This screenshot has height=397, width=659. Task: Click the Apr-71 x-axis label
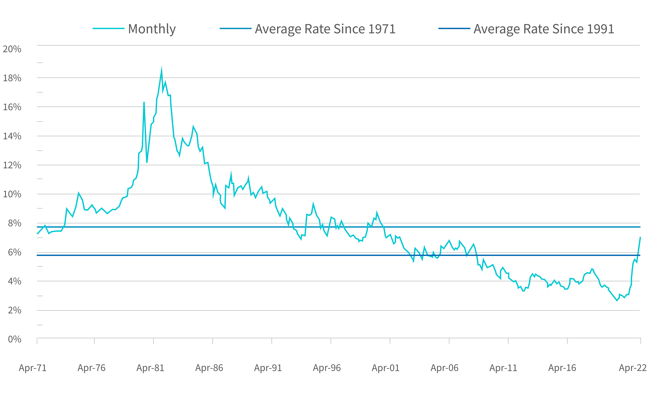pyautogui.click(x=33, y=368)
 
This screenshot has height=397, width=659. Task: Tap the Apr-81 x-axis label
pyautogui.click(x=150, y=368)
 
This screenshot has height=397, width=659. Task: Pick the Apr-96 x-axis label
pyautogui.click(x=327, y=368)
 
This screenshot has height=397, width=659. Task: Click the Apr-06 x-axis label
pyautogui.click(x=445, y=368)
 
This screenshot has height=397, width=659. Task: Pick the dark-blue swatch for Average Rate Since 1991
pyautogui.click(x=454, y=28)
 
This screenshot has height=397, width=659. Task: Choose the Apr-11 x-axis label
pyautogui.click(x=503, y=368)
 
